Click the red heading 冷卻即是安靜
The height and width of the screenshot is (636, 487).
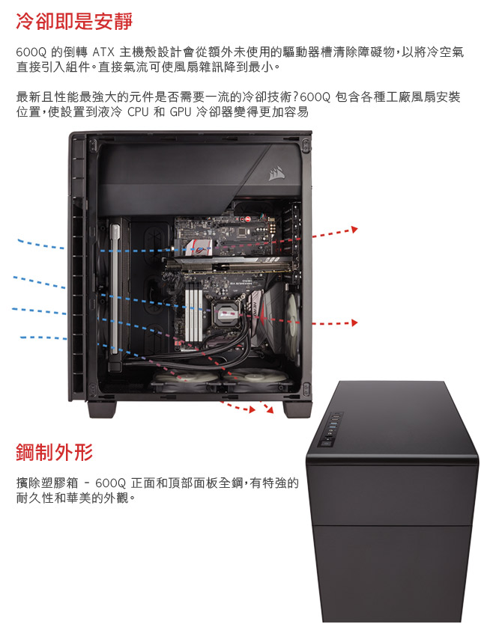point(74,21)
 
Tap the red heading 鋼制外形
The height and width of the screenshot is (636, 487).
point(55,452)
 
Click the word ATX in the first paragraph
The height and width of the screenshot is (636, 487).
point(103,52)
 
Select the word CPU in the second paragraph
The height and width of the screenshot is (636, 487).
point(138,111)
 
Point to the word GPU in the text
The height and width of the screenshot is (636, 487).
point(181,111)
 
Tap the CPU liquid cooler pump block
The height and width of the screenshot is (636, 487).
point(227,313)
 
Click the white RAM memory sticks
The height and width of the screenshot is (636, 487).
point(193,311)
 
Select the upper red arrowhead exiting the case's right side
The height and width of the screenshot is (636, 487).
point(354,230)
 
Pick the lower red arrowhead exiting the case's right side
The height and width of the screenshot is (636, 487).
point(354,323)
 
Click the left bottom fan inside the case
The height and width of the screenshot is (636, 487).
point(186,380)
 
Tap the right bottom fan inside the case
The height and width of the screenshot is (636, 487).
point(255,379)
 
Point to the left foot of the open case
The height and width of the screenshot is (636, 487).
point(102,410)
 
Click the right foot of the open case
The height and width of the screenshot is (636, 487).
point(297,410)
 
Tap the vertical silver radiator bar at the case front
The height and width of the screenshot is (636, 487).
point(115,289)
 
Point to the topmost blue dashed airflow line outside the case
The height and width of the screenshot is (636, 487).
point(40,244)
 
